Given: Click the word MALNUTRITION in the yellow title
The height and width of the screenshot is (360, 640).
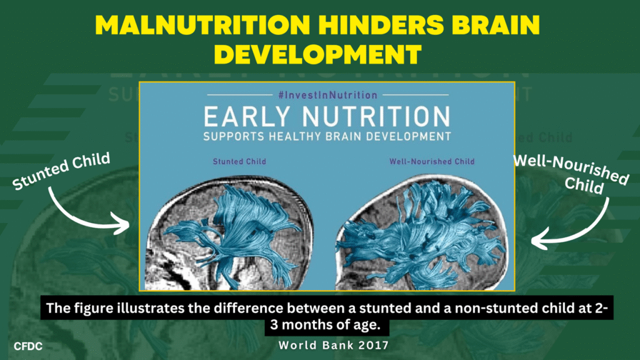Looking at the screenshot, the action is pos(202,25).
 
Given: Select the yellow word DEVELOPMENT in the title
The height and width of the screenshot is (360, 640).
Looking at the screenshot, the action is pos(318,54).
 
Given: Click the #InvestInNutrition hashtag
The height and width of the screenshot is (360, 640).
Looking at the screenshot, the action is pos(327,95).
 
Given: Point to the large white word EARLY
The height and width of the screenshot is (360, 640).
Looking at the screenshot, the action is pos(246,117).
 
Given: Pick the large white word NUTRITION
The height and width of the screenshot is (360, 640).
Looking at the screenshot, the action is pos(376,117).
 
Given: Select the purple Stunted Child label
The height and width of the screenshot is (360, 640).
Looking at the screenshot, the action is pos(239,162).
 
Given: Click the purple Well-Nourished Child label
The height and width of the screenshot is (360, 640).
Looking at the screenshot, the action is pos(432,162).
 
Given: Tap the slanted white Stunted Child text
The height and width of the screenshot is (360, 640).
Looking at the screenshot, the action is pos(61,171).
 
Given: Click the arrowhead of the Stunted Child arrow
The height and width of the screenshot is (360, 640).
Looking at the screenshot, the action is pos(122,224).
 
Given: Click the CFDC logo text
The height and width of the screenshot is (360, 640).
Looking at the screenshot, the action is pos(28,346).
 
